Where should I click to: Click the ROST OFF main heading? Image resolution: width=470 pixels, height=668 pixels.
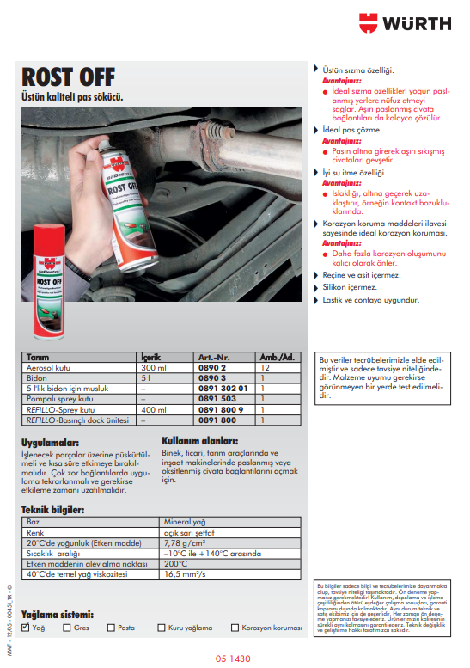tap(70, 77)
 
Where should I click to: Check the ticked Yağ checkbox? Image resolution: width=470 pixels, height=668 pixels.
tap(26, 628)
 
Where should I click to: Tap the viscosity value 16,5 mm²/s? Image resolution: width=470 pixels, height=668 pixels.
tap(184, 573)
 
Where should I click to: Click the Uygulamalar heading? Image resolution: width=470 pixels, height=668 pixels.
tap(52, 443)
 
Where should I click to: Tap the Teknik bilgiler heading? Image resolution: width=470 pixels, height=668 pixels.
tap(52, 510)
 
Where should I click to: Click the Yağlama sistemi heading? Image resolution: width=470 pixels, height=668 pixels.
tap(57, 615)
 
